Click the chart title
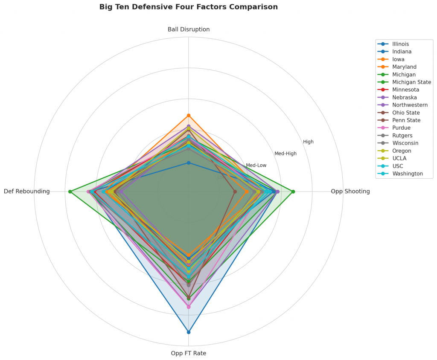(x=188, y=7)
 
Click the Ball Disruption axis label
(x=188, y=29)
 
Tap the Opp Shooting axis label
(x=350, y=192)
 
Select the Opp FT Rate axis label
(x=188, y=353)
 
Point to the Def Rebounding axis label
(x=27, y=192)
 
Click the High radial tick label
(x=308, y=142)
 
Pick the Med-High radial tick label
(x=285, y=154)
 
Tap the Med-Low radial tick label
(x=256, y=165)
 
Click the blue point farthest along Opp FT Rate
(x=188, y=332)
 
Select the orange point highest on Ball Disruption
(x=188, y=116)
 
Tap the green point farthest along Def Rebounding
(x=70, y=192)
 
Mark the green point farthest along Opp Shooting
(x=293, y=192)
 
